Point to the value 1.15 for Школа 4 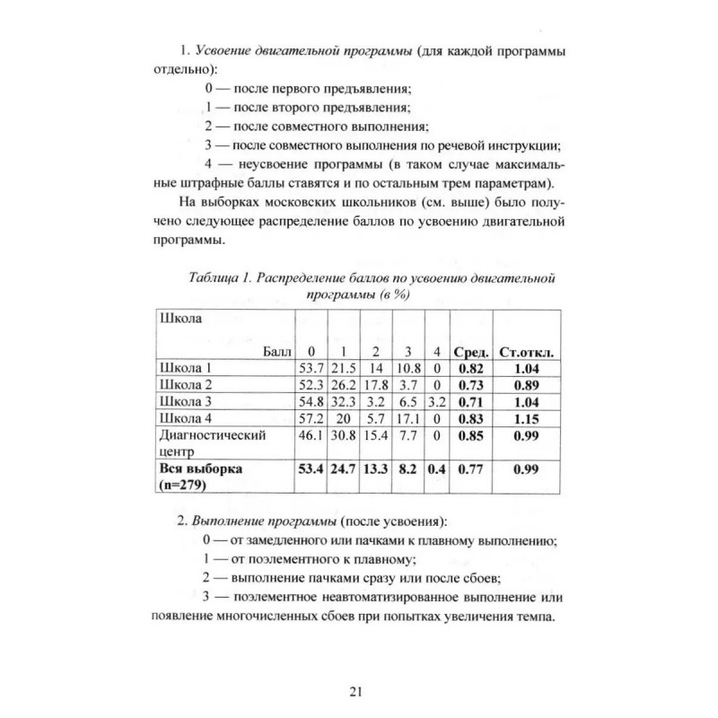(528, 418)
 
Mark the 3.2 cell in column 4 (437, 401)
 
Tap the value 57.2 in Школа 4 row (310, 418)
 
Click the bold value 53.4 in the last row (310, 468)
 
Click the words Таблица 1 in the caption (218, 279)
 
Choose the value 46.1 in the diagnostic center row (310, 435)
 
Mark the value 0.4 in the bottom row (437, 468)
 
